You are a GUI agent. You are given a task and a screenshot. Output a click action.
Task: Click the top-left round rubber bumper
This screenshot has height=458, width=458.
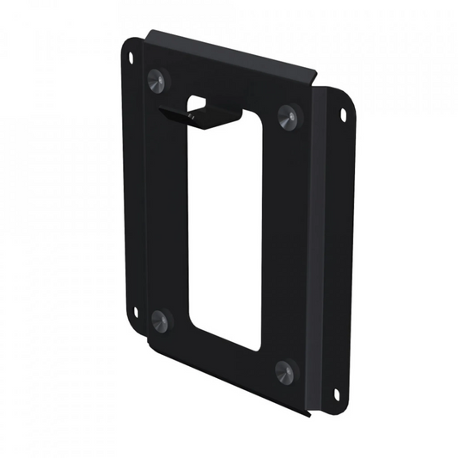(157, 80)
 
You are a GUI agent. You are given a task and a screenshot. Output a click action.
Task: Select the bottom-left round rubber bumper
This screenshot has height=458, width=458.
(159, 319)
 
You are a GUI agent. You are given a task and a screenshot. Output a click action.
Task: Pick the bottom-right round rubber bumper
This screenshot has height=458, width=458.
(284, 370)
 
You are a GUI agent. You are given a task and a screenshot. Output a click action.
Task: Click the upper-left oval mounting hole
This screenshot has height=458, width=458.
(131, 58)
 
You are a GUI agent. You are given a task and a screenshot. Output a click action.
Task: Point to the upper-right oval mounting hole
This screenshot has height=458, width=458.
(343, 113)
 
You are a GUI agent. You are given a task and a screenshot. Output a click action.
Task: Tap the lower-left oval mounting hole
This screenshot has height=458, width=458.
(135, 311)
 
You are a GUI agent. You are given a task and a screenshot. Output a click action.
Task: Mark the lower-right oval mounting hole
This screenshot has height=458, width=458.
(336, 394)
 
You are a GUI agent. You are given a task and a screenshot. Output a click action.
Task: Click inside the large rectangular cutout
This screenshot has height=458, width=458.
(225, 232)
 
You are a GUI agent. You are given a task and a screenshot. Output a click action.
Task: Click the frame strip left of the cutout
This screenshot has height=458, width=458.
(168, 206)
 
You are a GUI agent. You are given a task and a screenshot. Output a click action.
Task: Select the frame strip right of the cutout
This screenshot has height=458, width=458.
(284, 241)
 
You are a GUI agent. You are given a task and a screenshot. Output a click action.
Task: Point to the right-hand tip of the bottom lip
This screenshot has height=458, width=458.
(306, 414)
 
